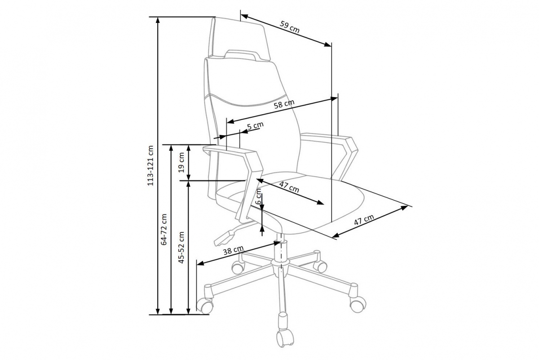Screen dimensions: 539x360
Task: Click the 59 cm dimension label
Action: tap(290, 27)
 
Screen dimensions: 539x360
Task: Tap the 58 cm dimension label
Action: tap(284, 104)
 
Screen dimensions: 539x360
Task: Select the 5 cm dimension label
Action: tap(255, 126)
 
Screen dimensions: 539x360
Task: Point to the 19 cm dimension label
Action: tap(181, 162)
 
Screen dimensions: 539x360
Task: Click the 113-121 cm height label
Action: tap(150, 165)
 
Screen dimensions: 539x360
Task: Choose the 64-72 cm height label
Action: tap(164, 229)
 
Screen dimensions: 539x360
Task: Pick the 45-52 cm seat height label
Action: tap(181, 247)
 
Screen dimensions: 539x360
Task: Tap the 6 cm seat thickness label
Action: tap(258, 196)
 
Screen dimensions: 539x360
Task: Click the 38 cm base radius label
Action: tap(233, 250)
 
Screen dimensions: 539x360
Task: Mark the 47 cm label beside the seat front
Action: tap(364, 220)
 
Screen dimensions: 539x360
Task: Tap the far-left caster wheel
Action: tap(205, 306)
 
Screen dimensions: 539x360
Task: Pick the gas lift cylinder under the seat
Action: tap(281, 250)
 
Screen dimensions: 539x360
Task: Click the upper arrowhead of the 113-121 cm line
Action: tap(158, 20)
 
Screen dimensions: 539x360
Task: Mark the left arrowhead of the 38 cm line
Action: tap(200, 263)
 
